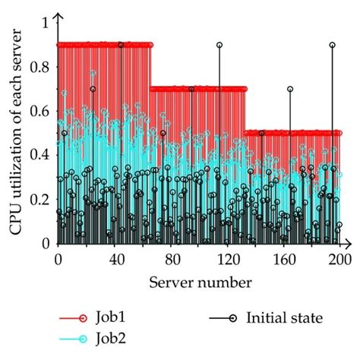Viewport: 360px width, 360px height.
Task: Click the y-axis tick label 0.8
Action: tap(39, 68)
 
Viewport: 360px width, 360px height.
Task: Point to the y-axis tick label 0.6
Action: tap(39, 112)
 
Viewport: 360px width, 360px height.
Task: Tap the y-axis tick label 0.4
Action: tap(39, 156)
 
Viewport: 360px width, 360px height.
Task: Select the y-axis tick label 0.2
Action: tap(39, 200)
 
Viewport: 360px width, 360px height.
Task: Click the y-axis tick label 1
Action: tap(46, 24)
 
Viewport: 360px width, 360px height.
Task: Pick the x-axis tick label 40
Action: tap(117, 260)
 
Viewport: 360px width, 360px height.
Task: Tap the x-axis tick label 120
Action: tap(228, 260)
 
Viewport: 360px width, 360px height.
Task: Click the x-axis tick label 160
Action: tap(284, 260)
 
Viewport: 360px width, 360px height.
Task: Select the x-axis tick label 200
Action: tap(340, 260)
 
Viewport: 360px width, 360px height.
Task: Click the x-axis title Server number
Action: tap(201, 283)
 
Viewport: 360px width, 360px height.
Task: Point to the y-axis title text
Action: tap(16, 131)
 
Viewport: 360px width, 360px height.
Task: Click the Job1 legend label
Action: tap(110, 317)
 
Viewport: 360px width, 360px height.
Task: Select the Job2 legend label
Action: tap(111, 339)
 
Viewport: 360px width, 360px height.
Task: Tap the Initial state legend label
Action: tap(285, 317)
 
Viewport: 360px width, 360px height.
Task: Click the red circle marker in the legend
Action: tap(83, 318)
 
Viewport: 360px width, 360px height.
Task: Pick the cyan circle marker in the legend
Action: tap(83, 339)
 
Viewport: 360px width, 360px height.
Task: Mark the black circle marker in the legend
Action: tap(233, 318)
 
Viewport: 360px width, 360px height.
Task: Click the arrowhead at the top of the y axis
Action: tap(58, 16)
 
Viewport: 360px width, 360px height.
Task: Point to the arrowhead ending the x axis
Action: tap(349, 244)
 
